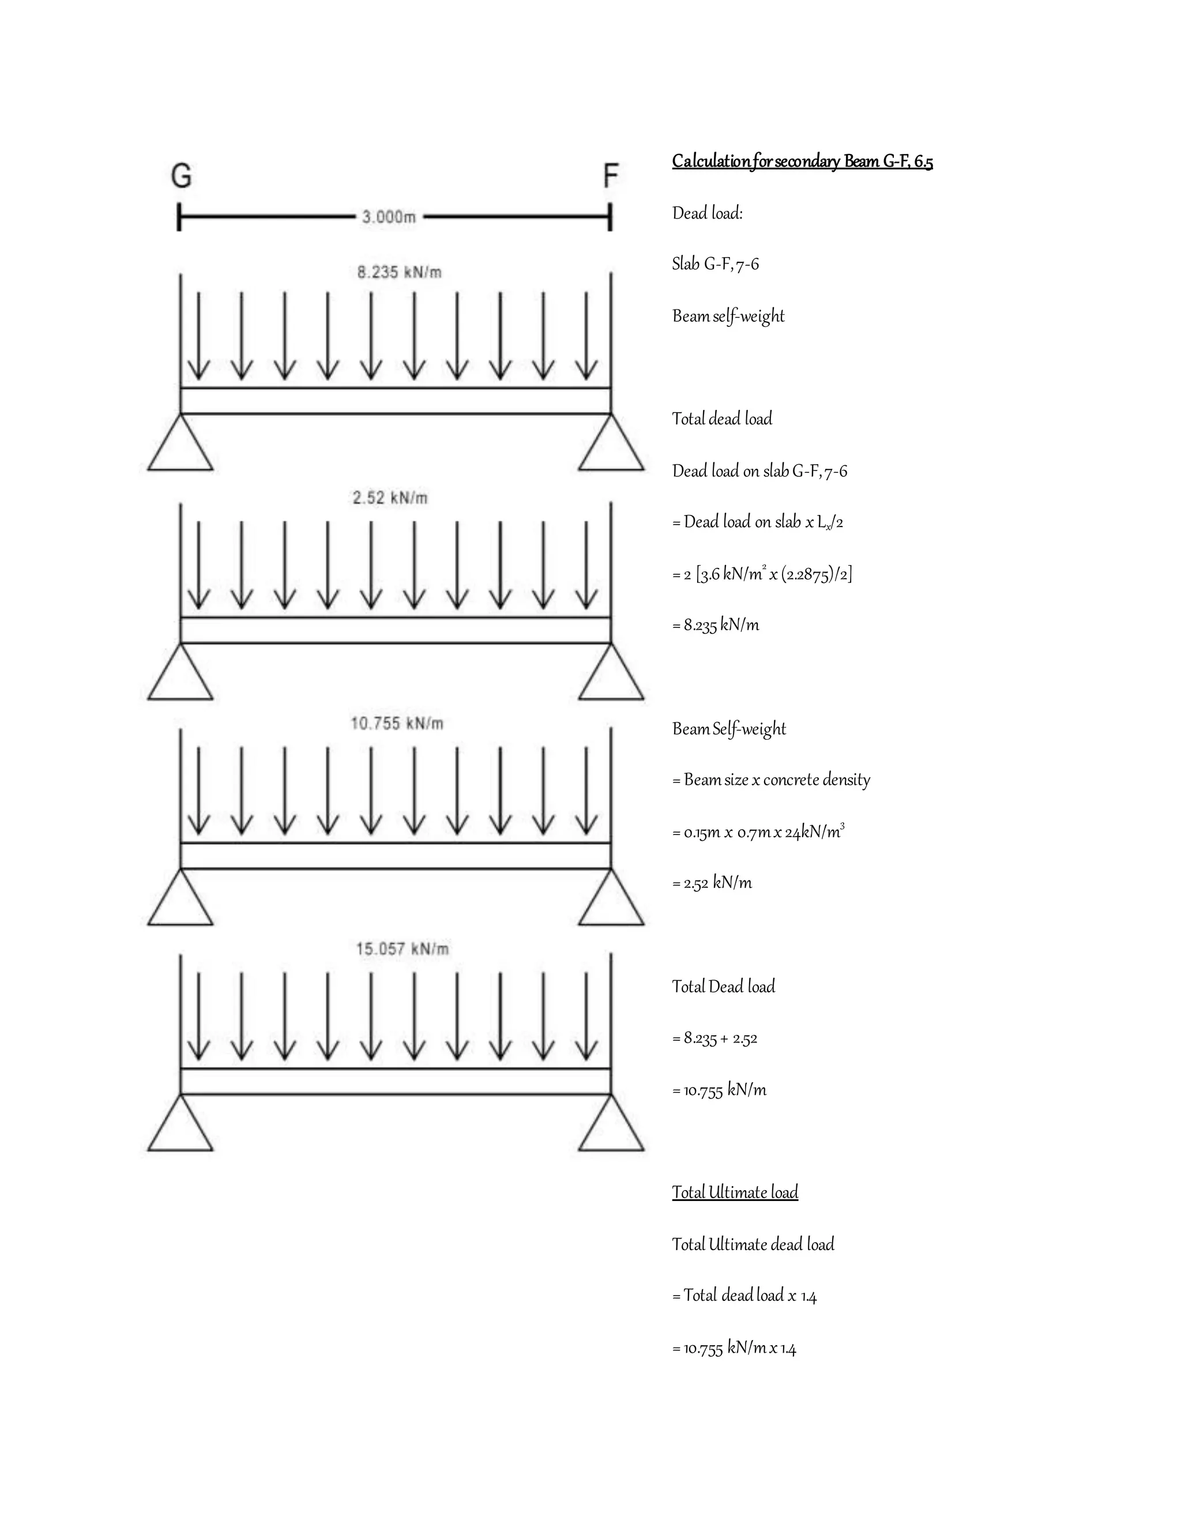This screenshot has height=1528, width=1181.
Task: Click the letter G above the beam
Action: coord(181,176)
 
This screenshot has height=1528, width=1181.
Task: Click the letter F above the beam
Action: coord(611,176)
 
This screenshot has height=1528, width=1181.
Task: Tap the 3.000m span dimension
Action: coord(389,217)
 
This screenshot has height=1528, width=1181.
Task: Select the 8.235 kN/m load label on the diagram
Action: coord(400,272)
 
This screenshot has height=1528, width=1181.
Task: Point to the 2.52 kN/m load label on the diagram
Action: coord(390,498)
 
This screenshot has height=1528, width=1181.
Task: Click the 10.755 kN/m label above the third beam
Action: coord(397,724)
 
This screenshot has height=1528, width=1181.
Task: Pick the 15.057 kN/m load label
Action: coord(403,949)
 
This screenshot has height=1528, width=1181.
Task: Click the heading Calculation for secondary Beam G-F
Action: coord(802,161)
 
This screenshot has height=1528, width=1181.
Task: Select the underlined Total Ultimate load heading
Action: coord(735,1192)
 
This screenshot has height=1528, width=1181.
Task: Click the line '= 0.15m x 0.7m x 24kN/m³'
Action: coord(758,832)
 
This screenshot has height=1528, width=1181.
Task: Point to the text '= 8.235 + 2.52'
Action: coord(714,1038)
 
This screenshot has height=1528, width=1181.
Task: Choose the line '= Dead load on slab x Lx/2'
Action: coord(757,522)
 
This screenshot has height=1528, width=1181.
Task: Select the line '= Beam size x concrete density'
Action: coord(771,780)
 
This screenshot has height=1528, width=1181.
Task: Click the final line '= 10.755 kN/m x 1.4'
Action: coord(734,1348)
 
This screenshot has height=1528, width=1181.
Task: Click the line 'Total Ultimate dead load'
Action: coord(753,1244)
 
